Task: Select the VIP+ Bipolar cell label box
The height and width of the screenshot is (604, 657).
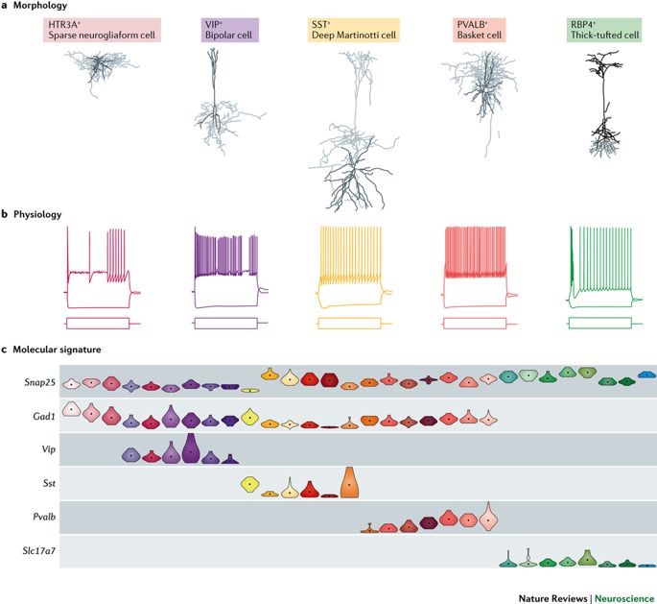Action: pyautogui.click(x=229, y=30)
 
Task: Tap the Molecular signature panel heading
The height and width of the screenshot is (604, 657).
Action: pyautogui.click(x=59, y=350)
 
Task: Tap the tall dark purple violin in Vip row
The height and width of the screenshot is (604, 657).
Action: pyautogui.click(x=191, y=448)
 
